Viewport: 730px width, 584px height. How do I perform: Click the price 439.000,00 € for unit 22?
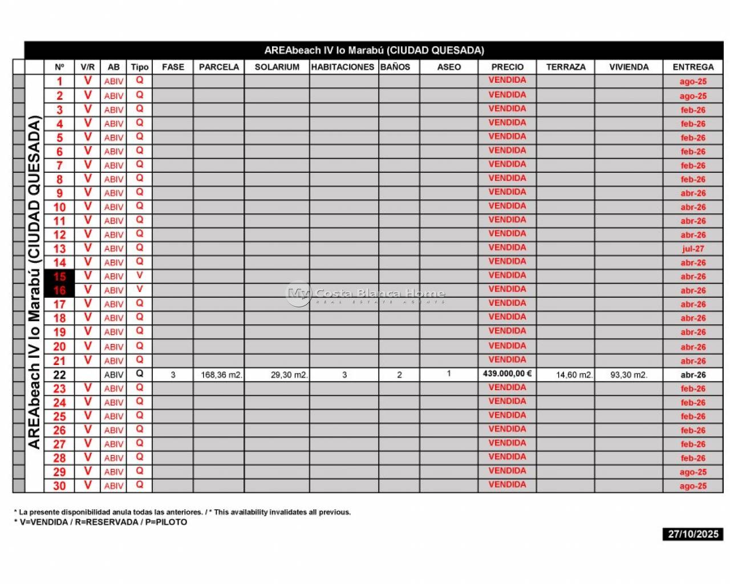click(507, 374)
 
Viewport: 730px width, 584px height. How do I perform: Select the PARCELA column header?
click(219, 67)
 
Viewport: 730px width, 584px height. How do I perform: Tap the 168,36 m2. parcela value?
click(221, 375)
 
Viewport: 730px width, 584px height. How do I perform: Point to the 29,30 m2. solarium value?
click(289, 375)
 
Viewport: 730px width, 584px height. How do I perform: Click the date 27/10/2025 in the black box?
click(693, 534)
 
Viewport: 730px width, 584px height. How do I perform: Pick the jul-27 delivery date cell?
click(693, 249)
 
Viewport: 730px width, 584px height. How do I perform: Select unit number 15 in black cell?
click(59, 277)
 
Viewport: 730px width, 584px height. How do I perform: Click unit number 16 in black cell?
click(59, 290)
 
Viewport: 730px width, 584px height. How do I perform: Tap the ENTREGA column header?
click(693, 67)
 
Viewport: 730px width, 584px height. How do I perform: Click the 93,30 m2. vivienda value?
click(629, 375)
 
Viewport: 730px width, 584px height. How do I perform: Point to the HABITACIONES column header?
click(343, 67)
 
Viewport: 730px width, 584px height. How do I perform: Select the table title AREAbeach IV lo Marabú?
click(374, 50)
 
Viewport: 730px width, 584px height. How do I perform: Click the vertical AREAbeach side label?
click(34, 282)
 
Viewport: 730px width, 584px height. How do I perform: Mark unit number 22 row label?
click(59, 375)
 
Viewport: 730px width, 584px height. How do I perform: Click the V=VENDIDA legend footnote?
click(100, 522)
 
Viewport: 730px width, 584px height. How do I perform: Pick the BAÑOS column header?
click(395, 67)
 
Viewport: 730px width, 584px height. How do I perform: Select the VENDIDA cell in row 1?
click(507, 80)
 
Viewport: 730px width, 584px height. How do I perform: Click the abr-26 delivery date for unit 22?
click(693, 375)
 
